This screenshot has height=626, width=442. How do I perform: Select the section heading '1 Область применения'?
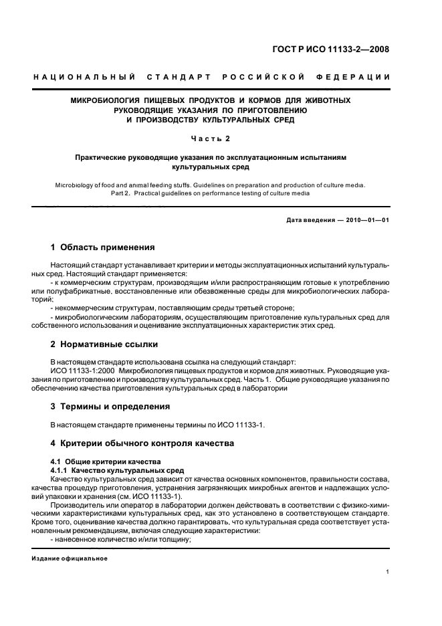[103, 247]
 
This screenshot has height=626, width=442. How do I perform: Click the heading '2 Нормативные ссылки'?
[104, 344]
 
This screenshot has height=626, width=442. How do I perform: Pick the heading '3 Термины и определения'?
[110, 406]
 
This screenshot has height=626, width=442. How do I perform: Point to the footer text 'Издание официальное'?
[70, 558]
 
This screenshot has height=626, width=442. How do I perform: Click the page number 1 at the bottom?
[388, 572]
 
